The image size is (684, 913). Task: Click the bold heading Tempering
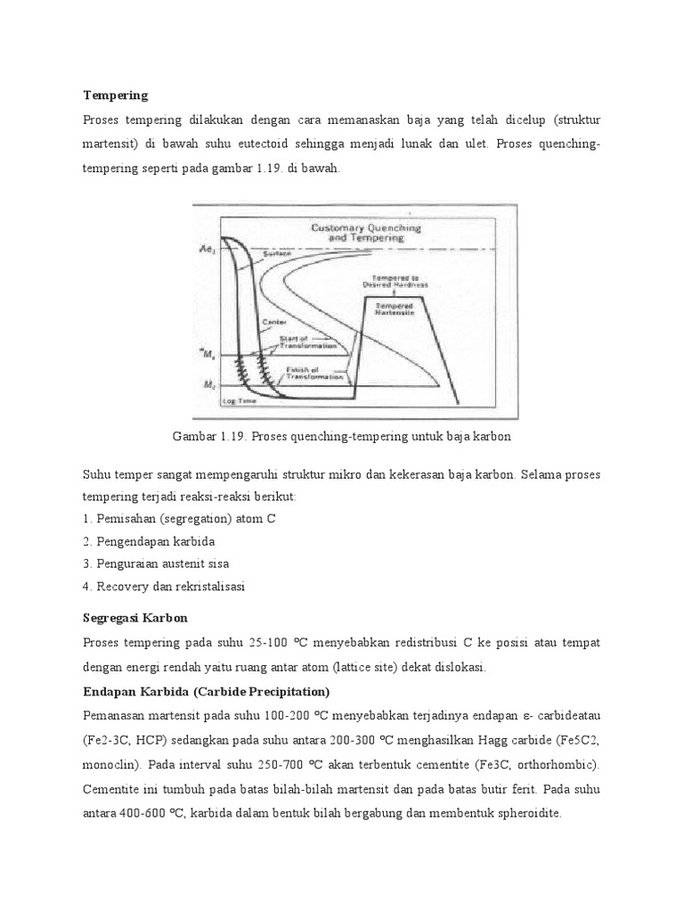(116, 95)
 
